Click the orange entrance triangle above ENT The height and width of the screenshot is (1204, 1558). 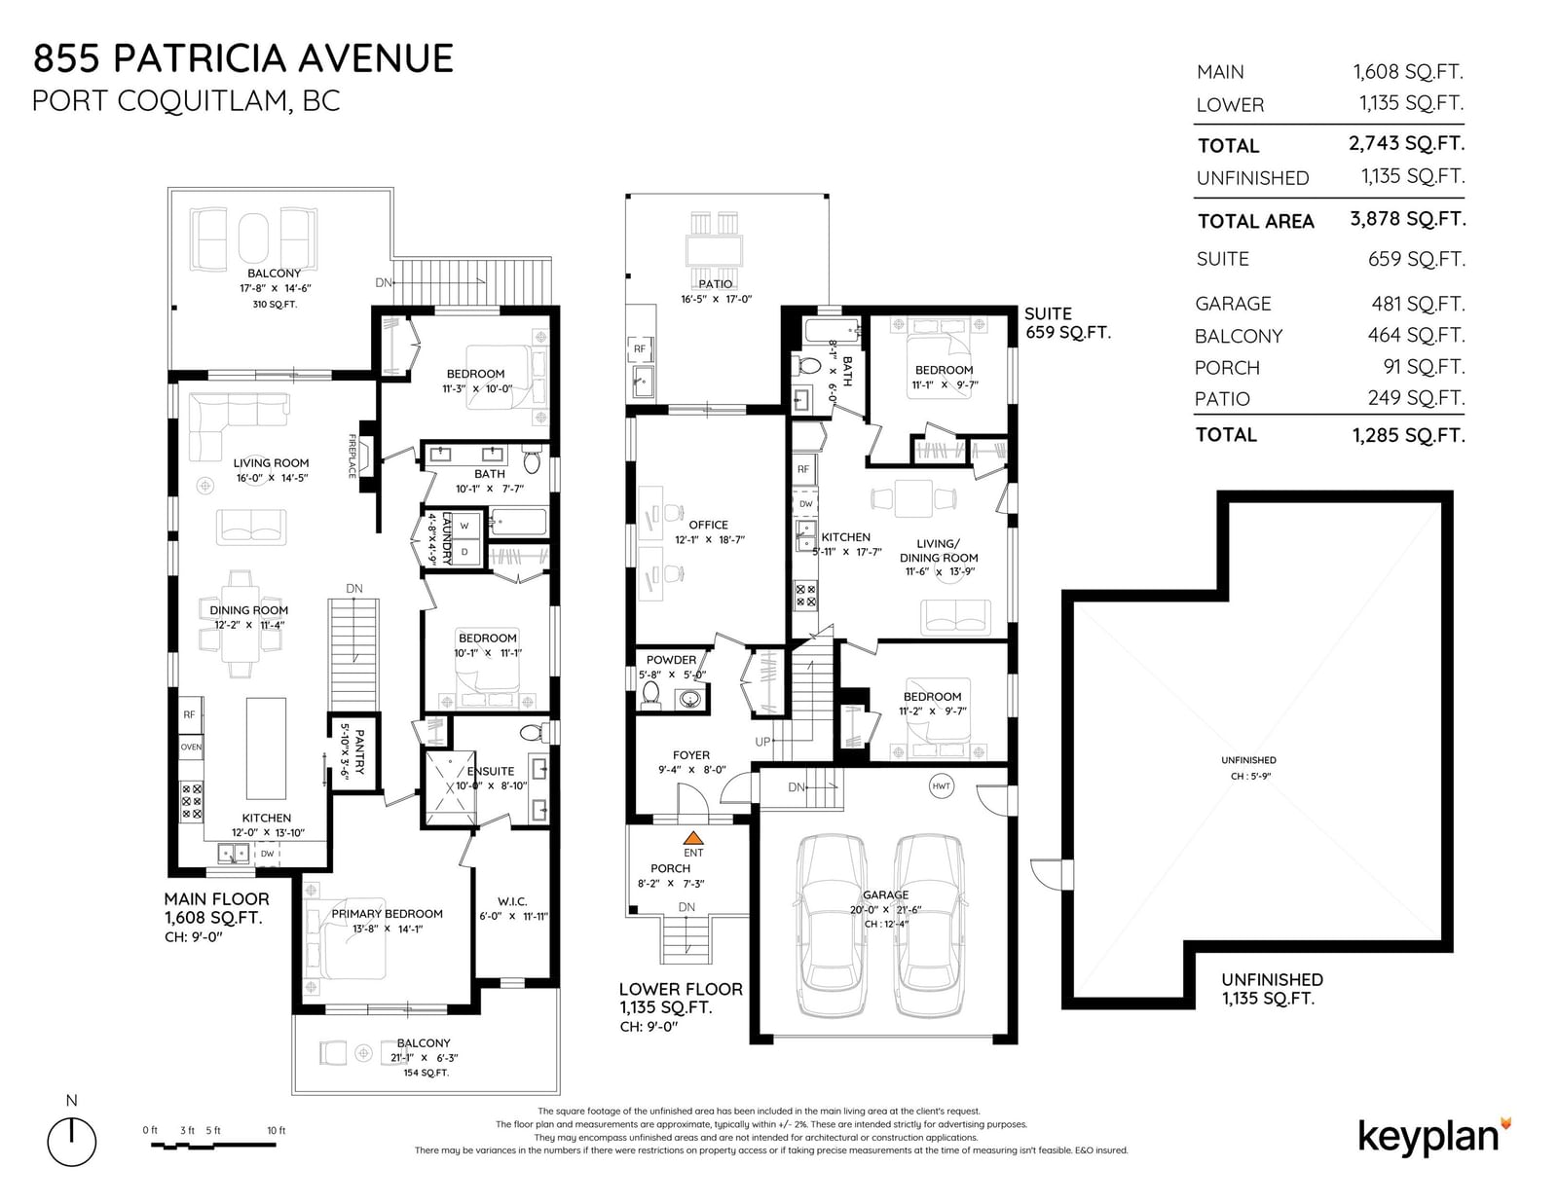tap(693, 837)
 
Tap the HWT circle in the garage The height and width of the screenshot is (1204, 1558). tap(941, 786)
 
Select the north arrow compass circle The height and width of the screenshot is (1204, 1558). tap(72, 1142)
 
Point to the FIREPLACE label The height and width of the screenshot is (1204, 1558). tap(352, 456)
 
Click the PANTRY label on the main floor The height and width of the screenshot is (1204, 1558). tap(360, 751)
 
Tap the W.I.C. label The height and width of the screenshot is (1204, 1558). tap(512, 901)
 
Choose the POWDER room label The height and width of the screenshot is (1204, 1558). tap(671, 660)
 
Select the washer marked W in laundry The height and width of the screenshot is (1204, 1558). tap(464, 526)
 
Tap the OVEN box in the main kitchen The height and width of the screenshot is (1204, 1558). tap(191, 747)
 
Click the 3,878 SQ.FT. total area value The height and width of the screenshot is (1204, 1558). tap(1407, 219)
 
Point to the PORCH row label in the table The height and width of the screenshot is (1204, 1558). tap(1227, 368)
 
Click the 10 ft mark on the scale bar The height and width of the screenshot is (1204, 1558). tap(276, 1131)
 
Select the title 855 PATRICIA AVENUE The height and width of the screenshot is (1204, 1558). tap(243, 58)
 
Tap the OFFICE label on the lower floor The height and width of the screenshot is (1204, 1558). tap(708, 525)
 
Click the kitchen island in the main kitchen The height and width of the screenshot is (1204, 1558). tap(266, 748)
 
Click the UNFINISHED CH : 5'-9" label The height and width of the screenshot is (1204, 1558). tap(1248, 768)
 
